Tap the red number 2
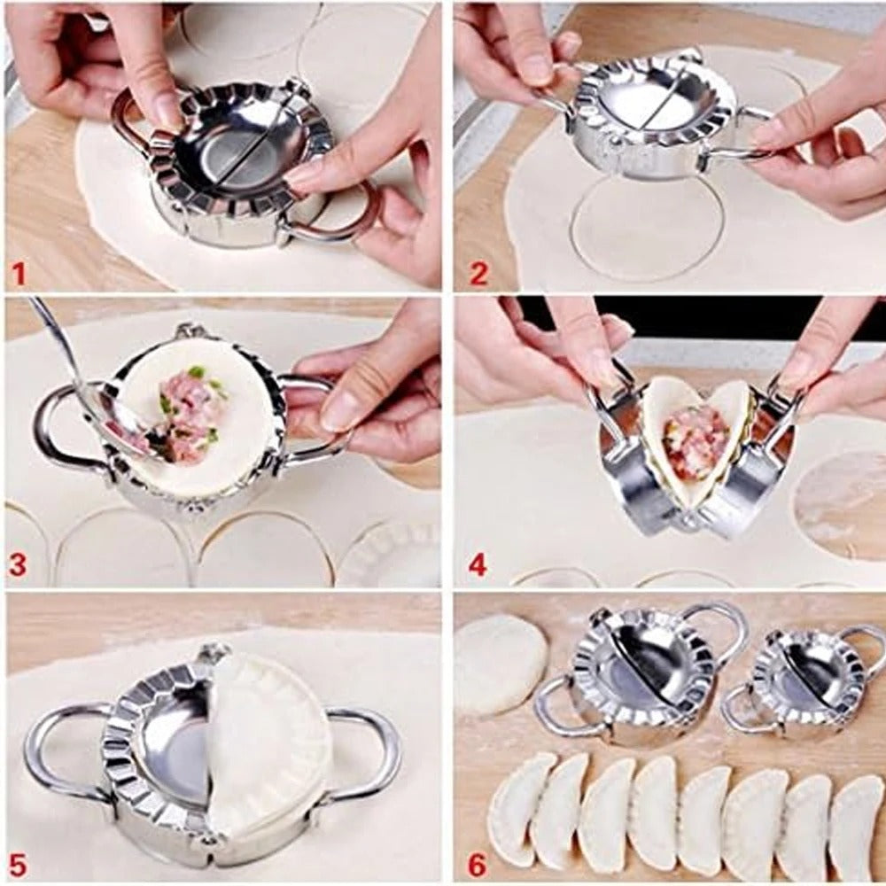(478, 274)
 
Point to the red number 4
(478, 564)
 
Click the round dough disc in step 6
(500, 664)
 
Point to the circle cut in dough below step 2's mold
(647, 226)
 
